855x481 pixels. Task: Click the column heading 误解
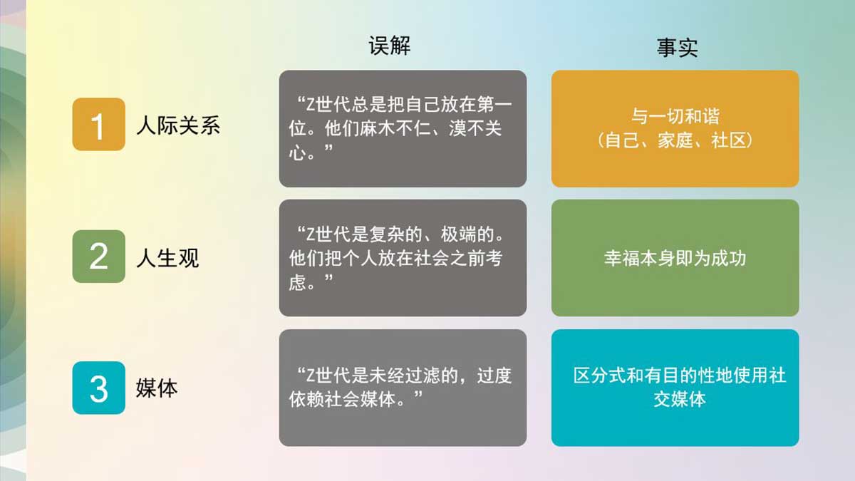pyautogui.click(x=389, y=46)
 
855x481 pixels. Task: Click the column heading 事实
pyautogui.click(x=677, y=48)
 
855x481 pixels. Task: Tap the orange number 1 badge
pyautogui.click(x=99, y=124)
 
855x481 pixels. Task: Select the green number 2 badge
pyautogui.click(x=99, y=256)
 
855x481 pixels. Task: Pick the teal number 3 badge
pyautogui.click(x=99, y=388)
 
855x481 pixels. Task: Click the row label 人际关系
pyautogui.click(x=178, y=125)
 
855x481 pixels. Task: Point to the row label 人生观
pyautogui.click(x=168, y=258)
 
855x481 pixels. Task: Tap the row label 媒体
pyautogui.click(x=157, y=388)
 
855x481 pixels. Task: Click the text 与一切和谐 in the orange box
pyautogui.click(x=675, y=116)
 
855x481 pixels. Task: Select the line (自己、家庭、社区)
pyautogui.click(x=675, y=140)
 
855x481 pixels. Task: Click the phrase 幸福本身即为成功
pyautogui.click(x=675, y=259)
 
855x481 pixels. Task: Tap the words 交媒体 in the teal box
pyautogui.click(x=680, y=400)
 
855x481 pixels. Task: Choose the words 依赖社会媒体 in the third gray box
pyautogui.click(x=342, y=399)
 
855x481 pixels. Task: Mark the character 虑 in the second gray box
pyautogui.click(x=297, y=283)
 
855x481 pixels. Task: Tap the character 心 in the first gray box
pyautogui.click(x=297, y=152)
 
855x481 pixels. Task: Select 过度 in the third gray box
pyautogui.click(x=494, y=376)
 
